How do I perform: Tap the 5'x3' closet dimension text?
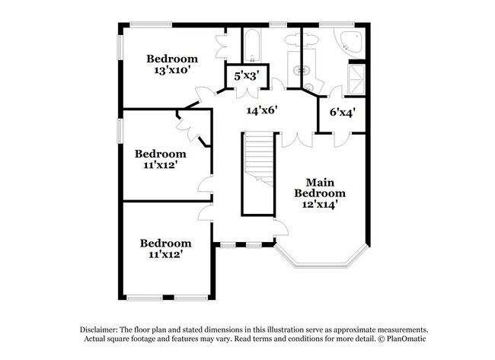pyautogui.click(x=247, y=77)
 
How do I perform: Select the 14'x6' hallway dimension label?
pyautogui.click(x=260, y=110)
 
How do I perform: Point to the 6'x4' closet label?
pyautogui.click(x=342, y=113)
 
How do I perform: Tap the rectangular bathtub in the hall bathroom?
pyautogui.click(x=251, y=45)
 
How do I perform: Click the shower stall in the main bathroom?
pyautogui.click(x=356, y=76)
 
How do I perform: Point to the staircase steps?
pyautogui.click(x=257, y=172)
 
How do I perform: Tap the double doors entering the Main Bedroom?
pyautogui.click(x=296, y=140)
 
